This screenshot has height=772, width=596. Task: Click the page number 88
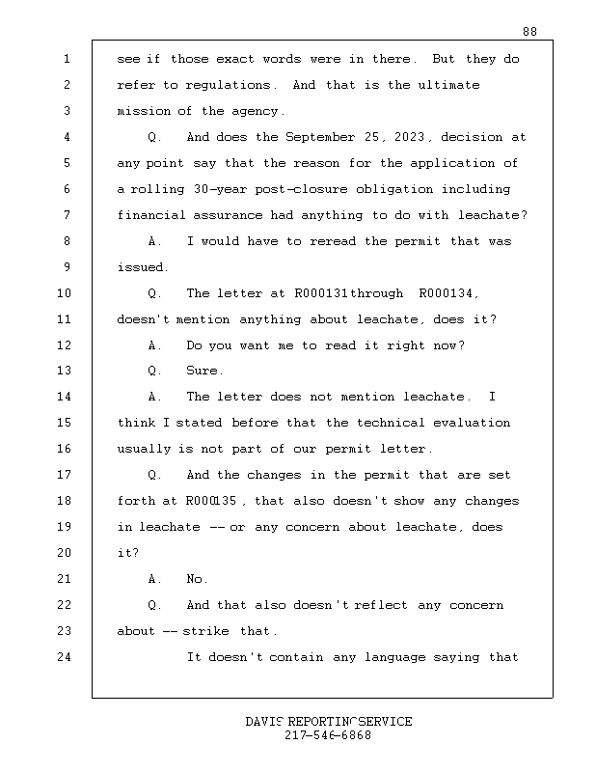[x=529, y=32]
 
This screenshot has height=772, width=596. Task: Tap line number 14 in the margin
[x=66, y=397]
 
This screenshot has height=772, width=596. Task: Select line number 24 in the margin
[x=66, y=657]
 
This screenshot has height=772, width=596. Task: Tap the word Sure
[x=204, y=371]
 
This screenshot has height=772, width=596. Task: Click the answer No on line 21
[x=197, y=579]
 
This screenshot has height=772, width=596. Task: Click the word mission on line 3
[x=144, y=111]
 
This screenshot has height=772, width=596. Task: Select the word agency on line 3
[x=257, y=111]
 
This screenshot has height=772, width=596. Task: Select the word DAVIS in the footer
[x=264, y=722]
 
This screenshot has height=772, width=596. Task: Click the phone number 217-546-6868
[x=328, y=735]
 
